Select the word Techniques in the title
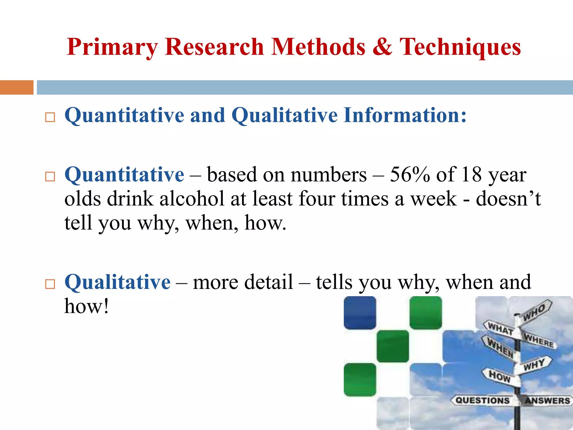460,47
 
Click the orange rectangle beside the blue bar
17,87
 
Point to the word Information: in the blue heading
405,115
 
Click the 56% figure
410,175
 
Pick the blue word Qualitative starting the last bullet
118,282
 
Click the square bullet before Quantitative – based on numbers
50,177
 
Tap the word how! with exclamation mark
86,307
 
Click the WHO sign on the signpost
534,312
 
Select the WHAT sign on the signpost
500,328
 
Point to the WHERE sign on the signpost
539,341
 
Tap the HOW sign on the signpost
500,376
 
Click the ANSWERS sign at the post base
547,401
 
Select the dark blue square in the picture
360,313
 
